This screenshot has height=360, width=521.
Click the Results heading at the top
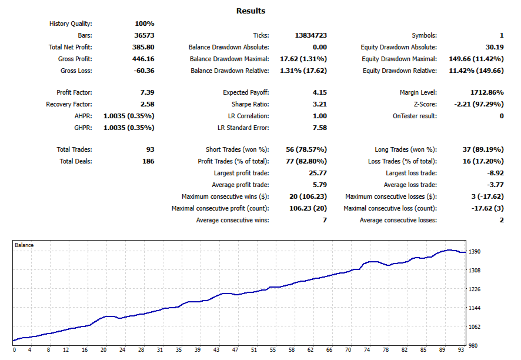click(251, 11)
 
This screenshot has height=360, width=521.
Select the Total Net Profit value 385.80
click(143, 47)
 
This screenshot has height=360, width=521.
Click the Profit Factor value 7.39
click(147, 92)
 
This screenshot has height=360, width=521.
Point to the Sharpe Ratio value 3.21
click(319, 104)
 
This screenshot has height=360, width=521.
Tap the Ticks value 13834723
click(310, 35)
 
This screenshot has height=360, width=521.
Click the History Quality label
click(71, 24)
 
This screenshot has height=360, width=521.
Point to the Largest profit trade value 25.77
click(318, 173)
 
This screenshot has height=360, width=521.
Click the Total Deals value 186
click(148, 161)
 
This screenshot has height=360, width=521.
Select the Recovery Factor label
click(69, 104)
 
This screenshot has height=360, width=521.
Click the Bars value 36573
click(144, 35)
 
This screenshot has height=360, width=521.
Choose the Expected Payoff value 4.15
click(319, 92)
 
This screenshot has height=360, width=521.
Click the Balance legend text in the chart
click(24, 245)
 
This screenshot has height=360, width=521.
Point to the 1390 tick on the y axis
click(475, 252)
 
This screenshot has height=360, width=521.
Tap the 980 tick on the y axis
click(473, 345)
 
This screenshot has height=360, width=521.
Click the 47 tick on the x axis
click(235, 350)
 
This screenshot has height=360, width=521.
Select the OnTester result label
click(415, 116)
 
